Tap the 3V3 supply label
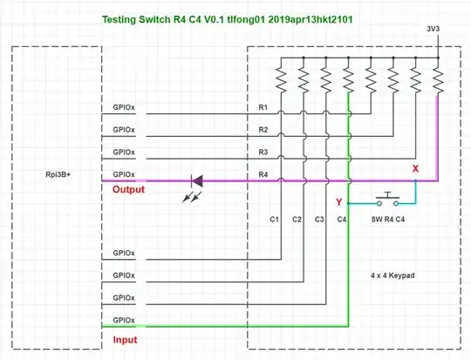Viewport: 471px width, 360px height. [433, 29]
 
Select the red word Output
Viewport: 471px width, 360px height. [128, 189]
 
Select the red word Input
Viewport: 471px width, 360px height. [125, 339]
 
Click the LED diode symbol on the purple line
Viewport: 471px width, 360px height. [196, 181]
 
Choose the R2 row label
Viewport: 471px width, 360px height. [263, 130]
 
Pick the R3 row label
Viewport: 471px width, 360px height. [263, 152]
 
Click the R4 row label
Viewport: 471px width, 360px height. [263, 174]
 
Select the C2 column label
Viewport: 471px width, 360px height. [297, 219]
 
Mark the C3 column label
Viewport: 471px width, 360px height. [319, 219]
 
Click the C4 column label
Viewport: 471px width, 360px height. [342, 219]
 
